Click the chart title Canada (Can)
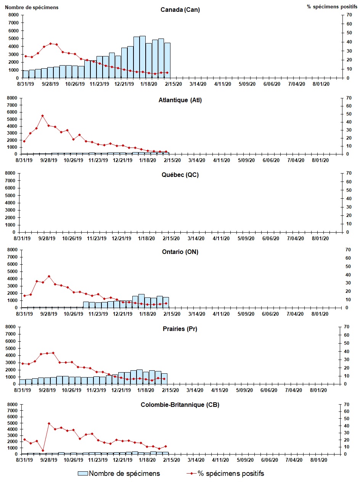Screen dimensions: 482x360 click(180, 10)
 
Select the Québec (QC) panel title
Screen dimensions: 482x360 click(180, 175)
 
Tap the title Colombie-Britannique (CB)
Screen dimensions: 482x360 click(180, 405)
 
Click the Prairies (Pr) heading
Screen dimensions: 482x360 click(180, 329)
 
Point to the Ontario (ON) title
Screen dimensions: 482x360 click(180, 252)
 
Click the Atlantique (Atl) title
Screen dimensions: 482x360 click(180, 100)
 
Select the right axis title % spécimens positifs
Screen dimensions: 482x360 click(332, 7)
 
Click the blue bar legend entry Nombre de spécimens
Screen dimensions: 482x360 click(119, 474)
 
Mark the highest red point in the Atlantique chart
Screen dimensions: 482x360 click(42, 116)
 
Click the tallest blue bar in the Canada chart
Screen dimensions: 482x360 click(143, 57)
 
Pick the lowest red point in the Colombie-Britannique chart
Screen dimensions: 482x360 click(43, 450)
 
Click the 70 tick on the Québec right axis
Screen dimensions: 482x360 click(348, 173)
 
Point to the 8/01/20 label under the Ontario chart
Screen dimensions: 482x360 click(320, 314)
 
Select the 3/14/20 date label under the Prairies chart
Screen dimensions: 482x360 click(194, 390)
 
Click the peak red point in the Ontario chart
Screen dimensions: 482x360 click(49, 276)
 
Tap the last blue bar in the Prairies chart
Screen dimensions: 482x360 click(164, 378)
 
